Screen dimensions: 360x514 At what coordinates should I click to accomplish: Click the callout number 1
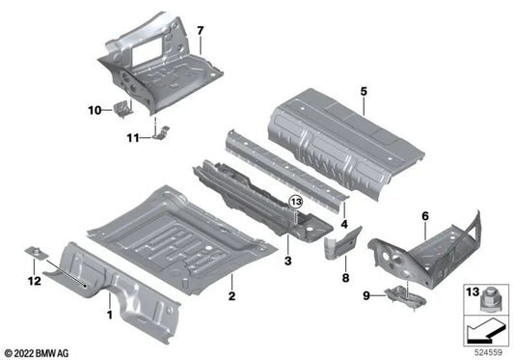click(108, 315)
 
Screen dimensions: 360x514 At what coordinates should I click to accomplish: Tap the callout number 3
click(287, 262)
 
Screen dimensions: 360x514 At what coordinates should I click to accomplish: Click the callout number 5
click(364, 93)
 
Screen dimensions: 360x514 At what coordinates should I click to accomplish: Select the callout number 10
click(95, 111)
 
